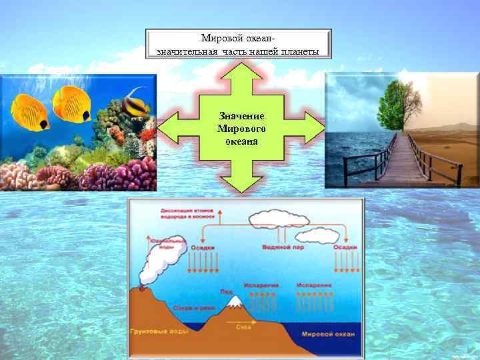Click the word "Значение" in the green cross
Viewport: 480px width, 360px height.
tap(241, 116)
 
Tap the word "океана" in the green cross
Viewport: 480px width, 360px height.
tap(241, 141)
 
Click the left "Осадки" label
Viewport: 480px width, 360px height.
tap(203, 247)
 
